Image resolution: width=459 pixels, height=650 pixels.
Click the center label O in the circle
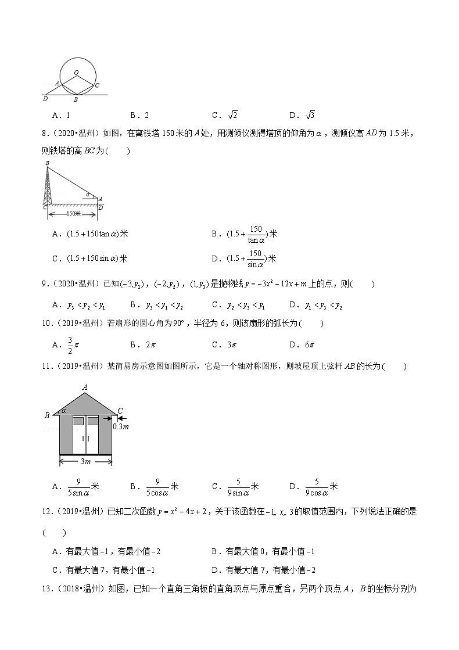point(76,73)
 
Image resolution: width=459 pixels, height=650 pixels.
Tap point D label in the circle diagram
point(45,99)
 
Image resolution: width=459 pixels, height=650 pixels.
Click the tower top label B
point(46,164)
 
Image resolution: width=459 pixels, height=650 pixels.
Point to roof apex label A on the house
point(85,387)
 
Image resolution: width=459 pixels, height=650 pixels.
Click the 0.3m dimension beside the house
point(121,427)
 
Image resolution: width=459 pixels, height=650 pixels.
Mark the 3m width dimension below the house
point(85,462)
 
